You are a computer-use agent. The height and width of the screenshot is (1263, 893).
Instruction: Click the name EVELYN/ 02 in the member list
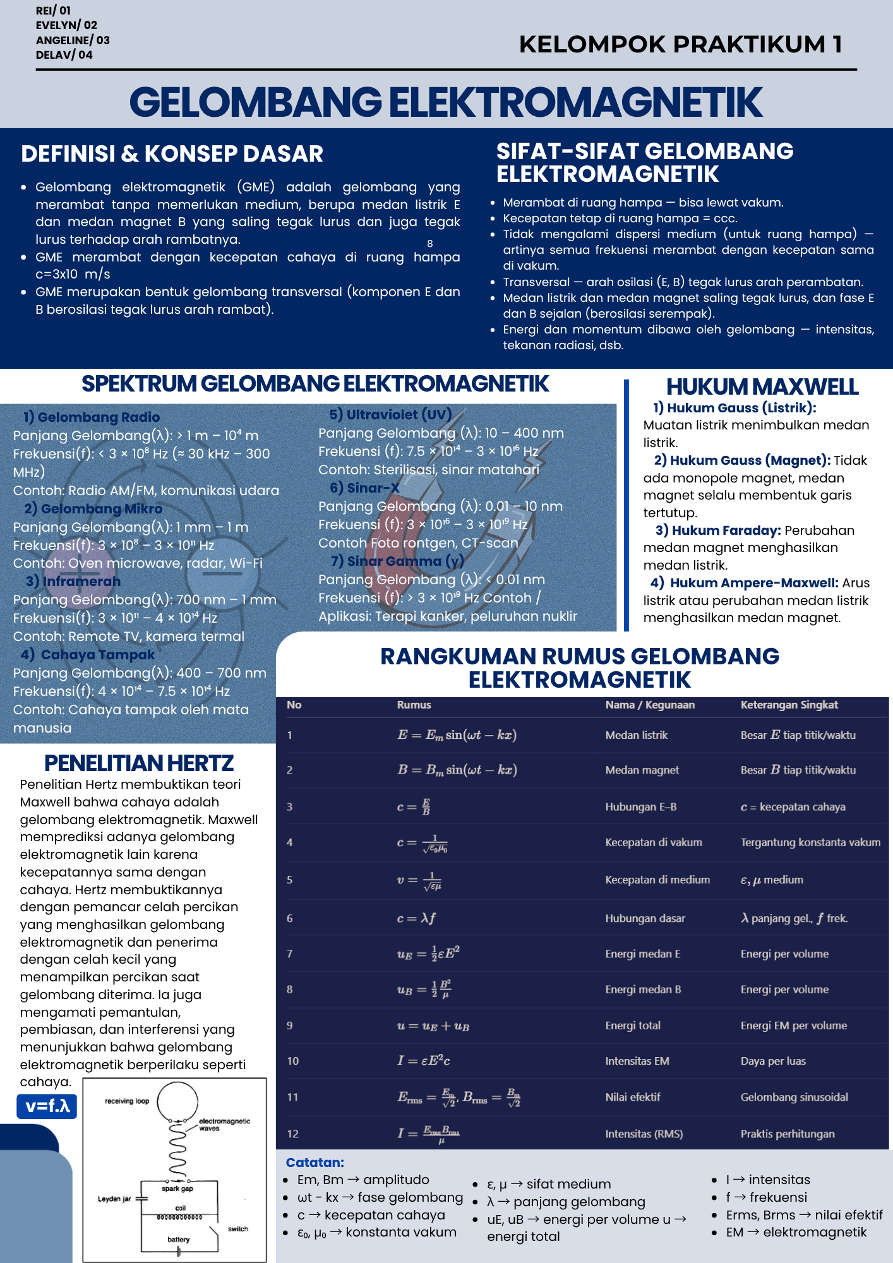pos(66,25)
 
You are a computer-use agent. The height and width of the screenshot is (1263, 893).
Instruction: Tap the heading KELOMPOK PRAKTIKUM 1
pos(680,44)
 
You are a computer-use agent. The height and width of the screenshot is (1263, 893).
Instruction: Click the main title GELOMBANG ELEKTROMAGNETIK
pos(446,102)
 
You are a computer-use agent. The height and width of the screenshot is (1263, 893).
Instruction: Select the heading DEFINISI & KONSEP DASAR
pos(172,154)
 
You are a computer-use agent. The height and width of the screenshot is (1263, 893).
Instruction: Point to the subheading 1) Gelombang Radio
pos(92,417)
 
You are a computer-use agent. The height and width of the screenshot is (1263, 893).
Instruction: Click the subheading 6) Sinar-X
pos(364,488)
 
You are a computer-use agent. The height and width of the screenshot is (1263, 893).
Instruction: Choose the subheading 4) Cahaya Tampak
pos(88,655)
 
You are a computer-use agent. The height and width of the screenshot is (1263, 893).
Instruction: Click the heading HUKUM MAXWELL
pos(762,386)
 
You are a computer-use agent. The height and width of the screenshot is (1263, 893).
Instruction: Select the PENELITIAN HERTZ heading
pos(139,763)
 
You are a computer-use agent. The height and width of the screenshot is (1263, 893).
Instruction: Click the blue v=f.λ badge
pos(47,1106)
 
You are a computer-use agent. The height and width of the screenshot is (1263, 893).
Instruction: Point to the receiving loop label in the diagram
pos(127,1101)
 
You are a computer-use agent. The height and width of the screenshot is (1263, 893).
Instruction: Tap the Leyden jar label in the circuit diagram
pos(114,1199)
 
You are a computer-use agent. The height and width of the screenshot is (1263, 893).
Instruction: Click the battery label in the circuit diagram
pos(179,1240)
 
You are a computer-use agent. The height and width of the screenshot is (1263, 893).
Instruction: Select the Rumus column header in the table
pos(414,705)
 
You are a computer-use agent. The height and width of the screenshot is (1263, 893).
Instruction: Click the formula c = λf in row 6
pos(416,918)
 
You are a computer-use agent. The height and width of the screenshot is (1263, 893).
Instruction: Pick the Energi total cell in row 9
pos(633,1026)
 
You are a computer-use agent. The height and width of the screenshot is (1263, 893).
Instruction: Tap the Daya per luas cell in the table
pos(773,1061)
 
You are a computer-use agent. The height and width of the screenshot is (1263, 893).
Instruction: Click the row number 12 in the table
pos(292,1134)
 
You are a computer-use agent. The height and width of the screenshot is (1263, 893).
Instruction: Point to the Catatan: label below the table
pos(315,1163)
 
